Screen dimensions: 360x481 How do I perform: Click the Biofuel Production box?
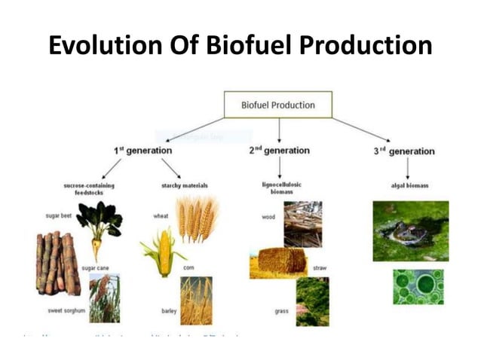click(278, 104)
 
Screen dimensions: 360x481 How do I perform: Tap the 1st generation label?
click(144, 151)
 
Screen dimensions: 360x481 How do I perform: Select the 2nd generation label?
click(279, 151)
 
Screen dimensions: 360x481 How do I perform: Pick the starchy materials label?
click(185, 185)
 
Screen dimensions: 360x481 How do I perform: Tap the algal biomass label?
click(410, 185)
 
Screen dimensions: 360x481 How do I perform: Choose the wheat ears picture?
click(197, 219)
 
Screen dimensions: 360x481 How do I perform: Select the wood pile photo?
click(302, 224)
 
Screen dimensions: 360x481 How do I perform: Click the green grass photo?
click(312, 301)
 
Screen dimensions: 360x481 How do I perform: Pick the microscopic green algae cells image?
click(418, 287)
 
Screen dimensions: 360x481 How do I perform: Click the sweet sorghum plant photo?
click(104, 298)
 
